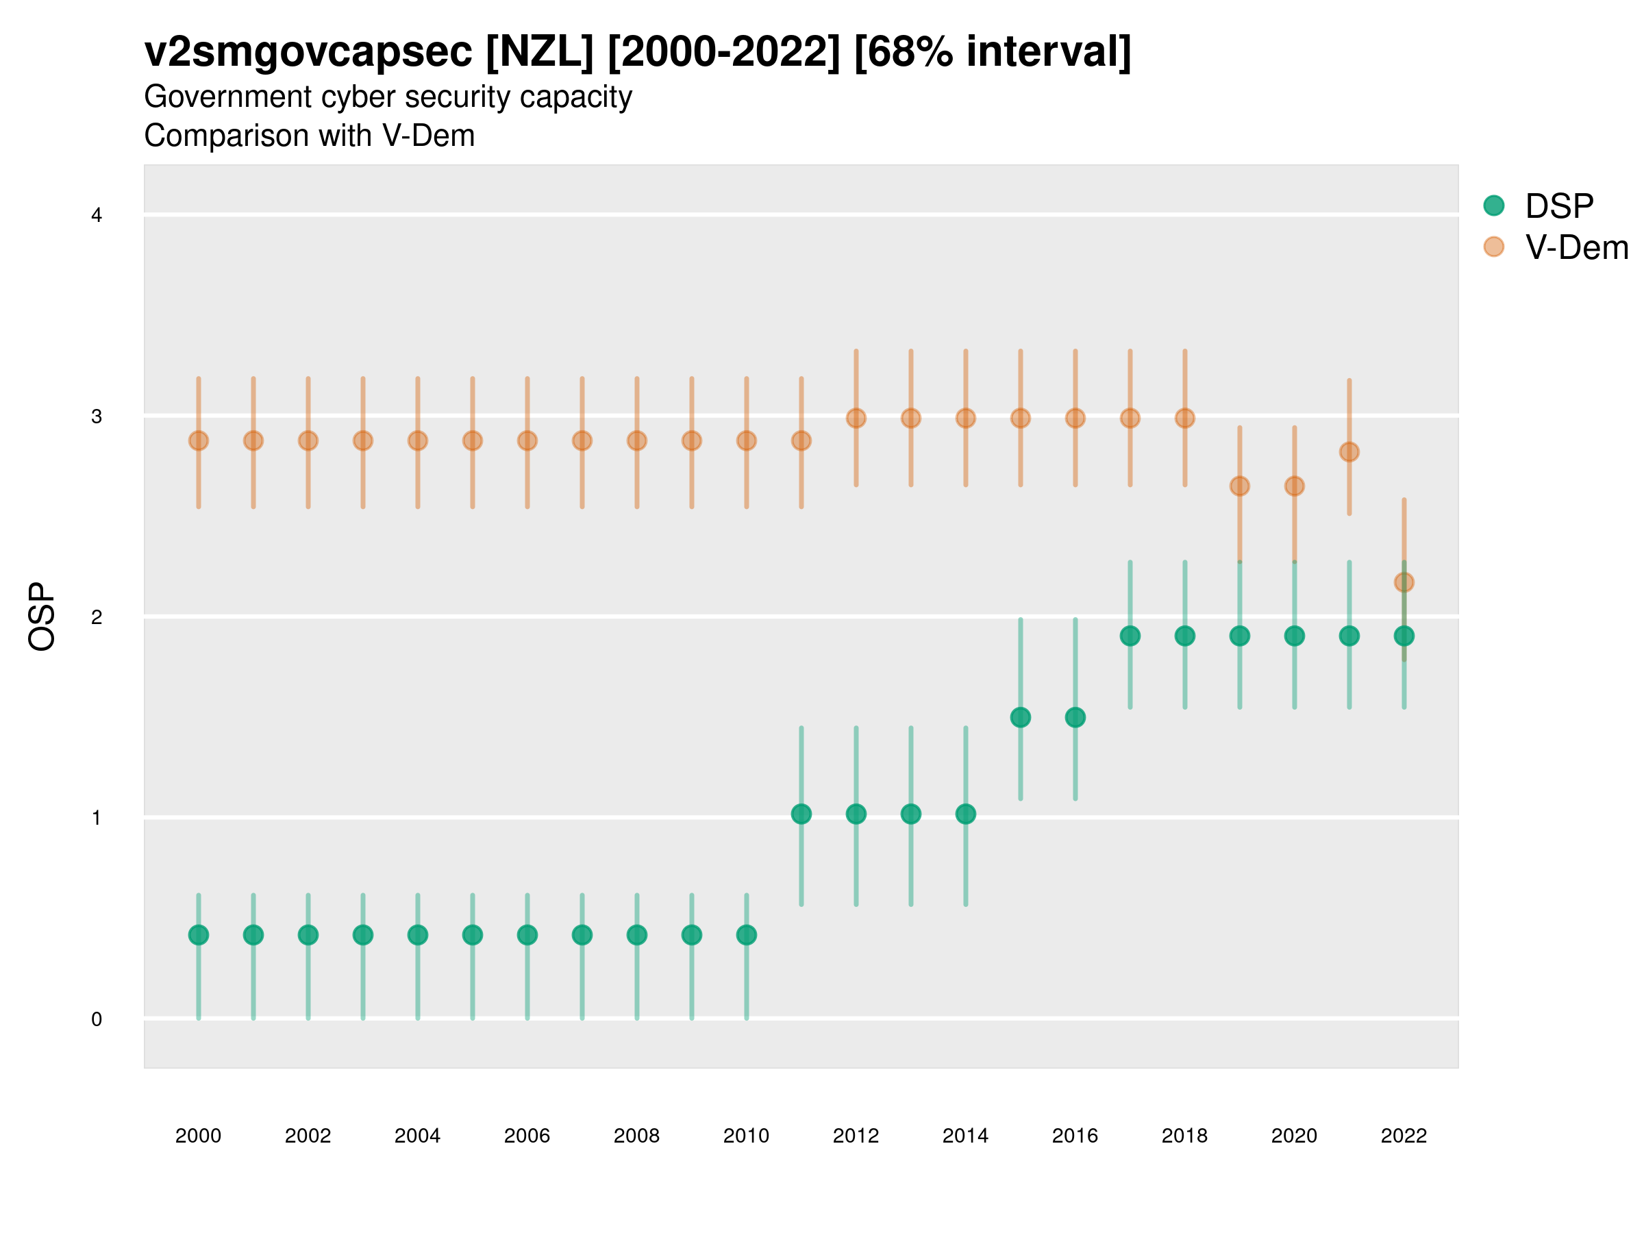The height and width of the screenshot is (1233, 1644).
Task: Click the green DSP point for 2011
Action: click(x=801, y=814)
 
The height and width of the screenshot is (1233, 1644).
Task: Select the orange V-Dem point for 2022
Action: click(x=1404, y=582)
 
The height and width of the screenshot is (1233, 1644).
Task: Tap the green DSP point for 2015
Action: click(x=1021, y=717)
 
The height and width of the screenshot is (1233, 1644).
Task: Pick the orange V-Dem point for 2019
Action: click(x=1240, y=486)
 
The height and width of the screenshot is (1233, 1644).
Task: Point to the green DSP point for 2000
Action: click(x=199, y=934)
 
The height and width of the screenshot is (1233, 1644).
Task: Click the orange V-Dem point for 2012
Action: click(x=856, y=419)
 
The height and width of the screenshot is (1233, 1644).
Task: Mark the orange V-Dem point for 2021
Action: click(x=1349, y=452)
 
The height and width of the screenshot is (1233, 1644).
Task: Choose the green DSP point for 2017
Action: click(x=1130, y=636)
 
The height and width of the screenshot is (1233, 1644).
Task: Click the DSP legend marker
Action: click(x=1493, y=205)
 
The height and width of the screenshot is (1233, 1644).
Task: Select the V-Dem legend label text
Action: click(x=1576, y=247)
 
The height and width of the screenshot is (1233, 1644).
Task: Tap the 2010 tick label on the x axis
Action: click(x=746, y=1136)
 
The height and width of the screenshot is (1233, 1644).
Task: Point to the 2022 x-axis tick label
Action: click(x=1404, y=1136)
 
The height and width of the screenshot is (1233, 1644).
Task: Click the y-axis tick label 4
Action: click(x=97, y=216)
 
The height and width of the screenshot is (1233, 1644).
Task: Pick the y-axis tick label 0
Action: click(x=97, y=1019)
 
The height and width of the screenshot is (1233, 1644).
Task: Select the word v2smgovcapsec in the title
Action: click(x=308, y=52)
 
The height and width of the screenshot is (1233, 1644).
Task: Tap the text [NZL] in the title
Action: click(x=540, y=52)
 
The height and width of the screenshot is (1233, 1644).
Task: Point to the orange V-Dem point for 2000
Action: click(x=199, y=440)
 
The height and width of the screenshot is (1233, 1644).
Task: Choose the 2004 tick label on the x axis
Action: click(x=418, y=1136)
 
